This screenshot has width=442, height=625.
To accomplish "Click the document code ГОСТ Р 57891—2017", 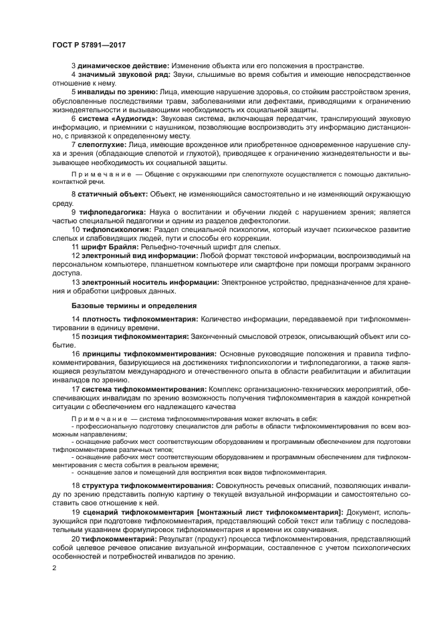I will (x=88, y=45).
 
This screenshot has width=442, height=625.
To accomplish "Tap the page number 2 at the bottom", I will (x=54, y=569).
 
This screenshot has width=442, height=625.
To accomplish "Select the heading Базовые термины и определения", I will (x=127, y=305).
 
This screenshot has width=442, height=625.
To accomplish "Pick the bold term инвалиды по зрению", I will (x=116, y=92).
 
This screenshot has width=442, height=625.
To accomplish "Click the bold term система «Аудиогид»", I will (x=118, y=118).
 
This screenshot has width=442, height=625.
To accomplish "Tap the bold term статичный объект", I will (x=112, y=194).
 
